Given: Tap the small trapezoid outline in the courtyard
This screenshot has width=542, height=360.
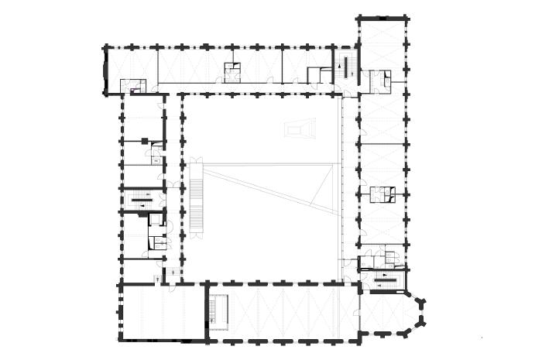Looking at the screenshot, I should [301, 129].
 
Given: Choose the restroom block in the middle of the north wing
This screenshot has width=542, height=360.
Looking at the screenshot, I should [233, 72].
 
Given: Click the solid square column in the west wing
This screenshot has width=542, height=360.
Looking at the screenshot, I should [144, 140].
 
